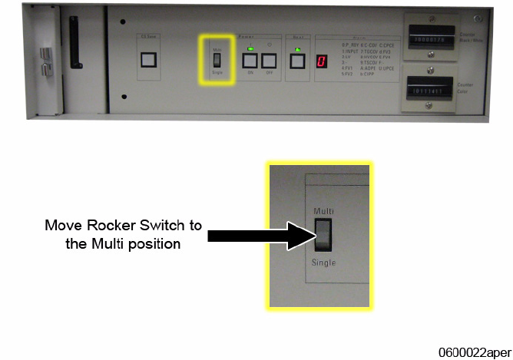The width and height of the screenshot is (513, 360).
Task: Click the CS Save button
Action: [x=149, y=60]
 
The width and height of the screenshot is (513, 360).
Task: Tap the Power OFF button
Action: [x=270, y=63]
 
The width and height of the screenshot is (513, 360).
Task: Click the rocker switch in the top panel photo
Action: [x=216, y=61]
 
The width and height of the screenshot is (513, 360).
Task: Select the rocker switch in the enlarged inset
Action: [x=323, y=236]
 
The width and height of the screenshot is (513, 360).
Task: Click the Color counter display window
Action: [x=432, y=91]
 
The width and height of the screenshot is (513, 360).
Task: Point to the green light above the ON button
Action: [x=251, y=48]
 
